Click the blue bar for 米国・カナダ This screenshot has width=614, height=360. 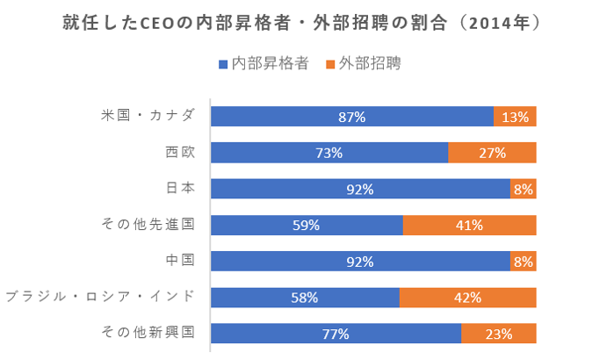351,117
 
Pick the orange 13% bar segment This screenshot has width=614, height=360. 515,117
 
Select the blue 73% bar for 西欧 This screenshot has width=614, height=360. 329,153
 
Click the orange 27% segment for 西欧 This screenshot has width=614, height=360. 492,153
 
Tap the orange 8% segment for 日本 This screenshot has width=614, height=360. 524,189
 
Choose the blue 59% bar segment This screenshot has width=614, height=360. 307,225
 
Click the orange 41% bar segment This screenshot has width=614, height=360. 469,225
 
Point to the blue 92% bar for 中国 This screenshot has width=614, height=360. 360,262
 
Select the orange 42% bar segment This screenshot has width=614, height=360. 467,298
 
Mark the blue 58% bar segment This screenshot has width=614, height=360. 305,298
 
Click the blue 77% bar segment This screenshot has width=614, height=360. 336,334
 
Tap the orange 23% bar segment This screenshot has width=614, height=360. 499,334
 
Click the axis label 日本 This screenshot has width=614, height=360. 180,188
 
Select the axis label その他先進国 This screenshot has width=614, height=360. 148,224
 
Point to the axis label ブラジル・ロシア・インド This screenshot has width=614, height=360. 100,297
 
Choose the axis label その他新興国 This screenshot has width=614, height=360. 148,333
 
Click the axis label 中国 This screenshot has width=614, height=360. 180,261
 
